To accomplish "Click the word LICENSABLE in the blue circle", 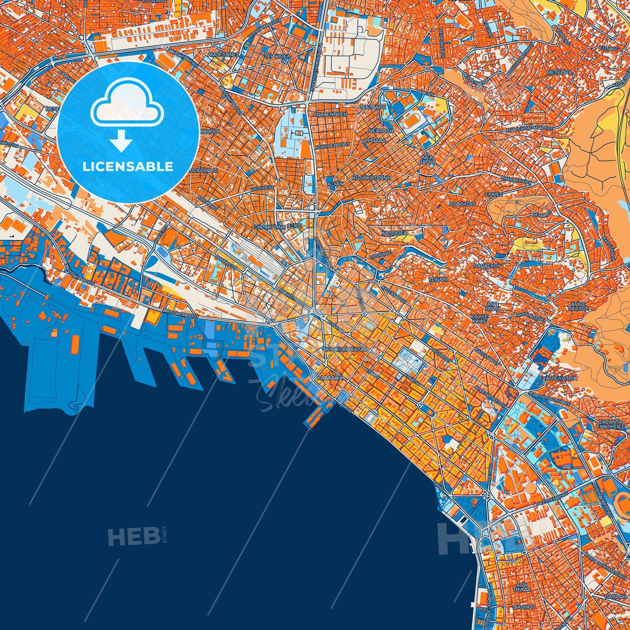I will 128,167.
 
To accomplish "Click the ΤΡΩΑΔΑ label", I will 375,140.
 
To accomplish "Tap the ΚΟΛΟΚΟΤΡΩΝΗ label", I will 369,178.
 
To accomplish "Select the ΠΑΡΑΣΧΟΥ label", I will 487,265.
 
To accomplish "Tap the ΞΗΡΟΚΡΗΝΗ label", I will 270,227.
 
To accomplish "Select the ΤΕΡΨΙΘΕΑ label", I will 277,57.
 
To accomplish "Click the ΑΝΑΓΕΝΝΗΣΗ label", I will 330,114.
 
